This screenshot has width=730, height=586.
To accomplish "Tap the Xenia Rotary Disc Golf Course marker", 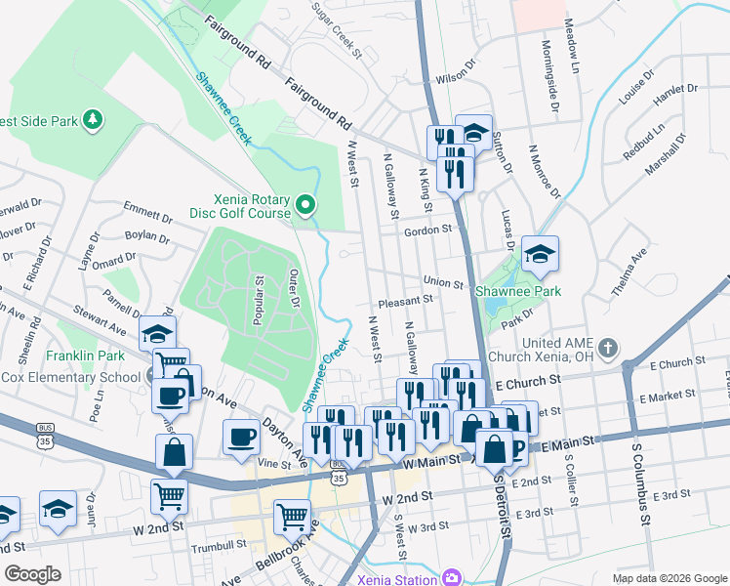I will (x=305, y=205).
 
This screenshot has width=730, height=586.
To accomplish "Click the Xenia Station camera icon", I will (x=450, y=577).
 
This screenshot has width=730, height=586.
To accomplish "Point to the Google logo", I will (x=32, y=574).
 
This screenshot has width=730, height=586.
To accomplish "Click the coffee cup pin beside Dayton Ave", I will (x=241, y=436).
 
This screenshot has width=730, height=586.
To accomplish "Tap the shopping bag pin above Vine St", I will (x=173, y=452).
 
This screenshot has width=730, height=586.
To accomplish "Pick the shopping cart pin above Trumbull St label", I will (x=292, y=517).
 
